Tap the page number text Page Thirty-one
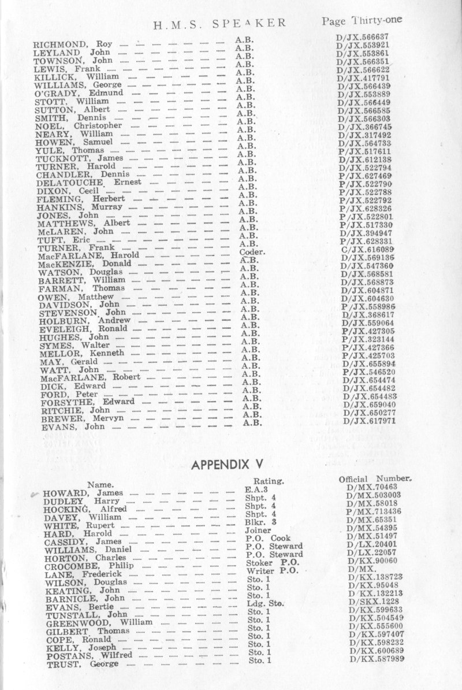pyautogui.click(x=362, y=21)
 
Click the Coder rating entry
pyautogui.click(x=252, y=252)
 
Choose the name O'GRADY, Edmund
pyautogui.click(x=79, y=93)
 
